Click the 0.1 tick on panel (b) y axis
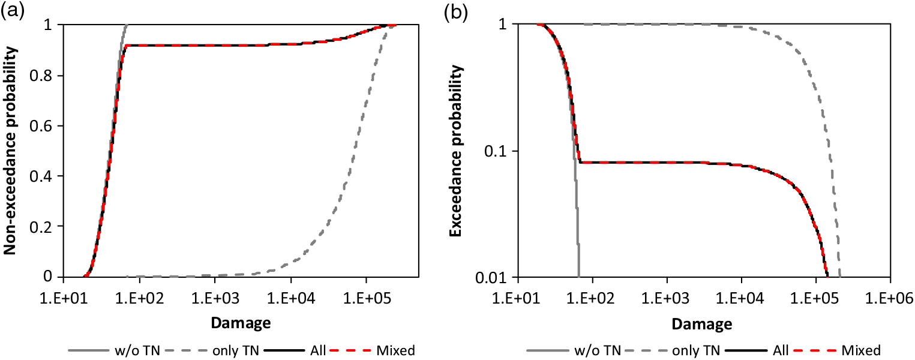point(500,151)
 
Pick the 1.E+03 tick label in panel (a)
point(215,296)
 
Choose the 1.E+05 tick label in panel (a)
point(366,296)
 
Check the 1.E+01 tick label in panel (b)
point(518,297)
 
